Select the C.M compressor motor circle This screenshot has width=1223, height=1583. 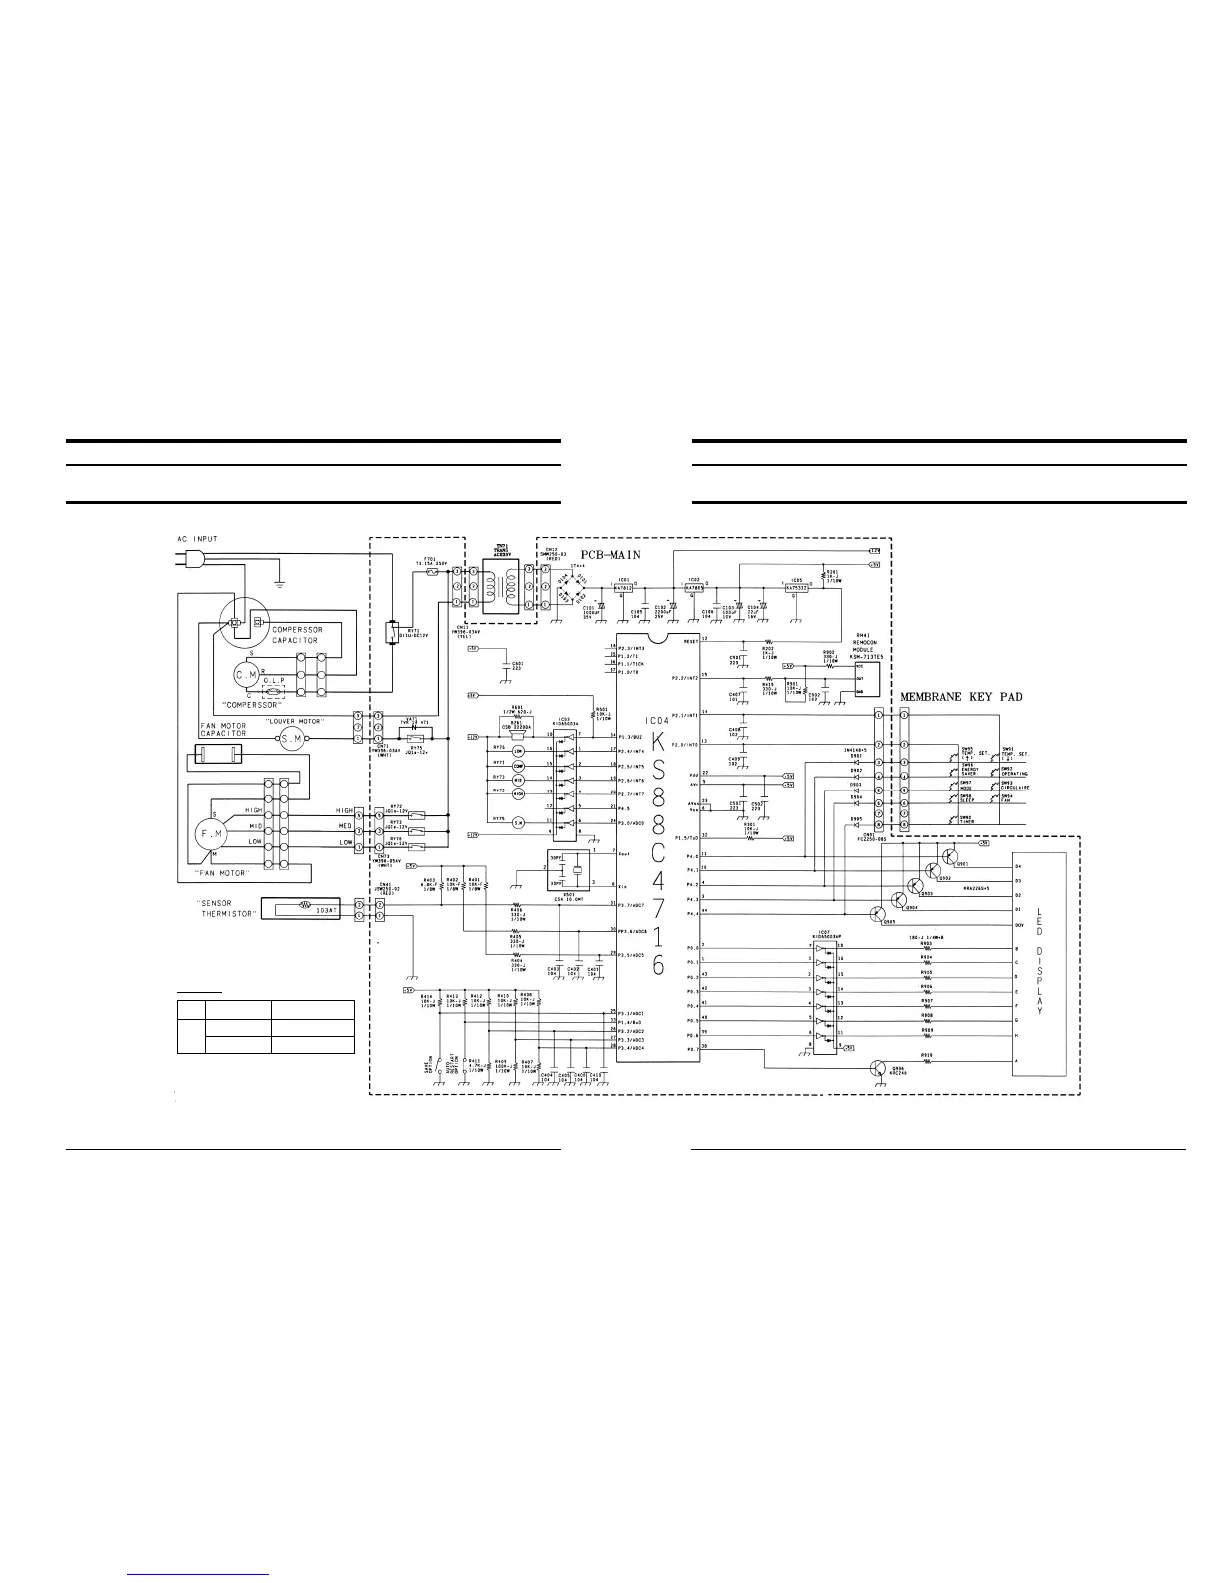point(246,676)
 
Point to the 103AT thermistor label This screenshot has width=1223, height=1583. point(324,910)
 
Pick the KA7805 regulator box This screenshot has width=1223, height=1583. point(695,589)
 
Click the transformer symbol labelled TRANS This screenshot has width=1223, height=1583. point(503,588)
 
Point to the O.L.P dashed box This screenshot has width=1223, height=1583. point(274,691)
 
